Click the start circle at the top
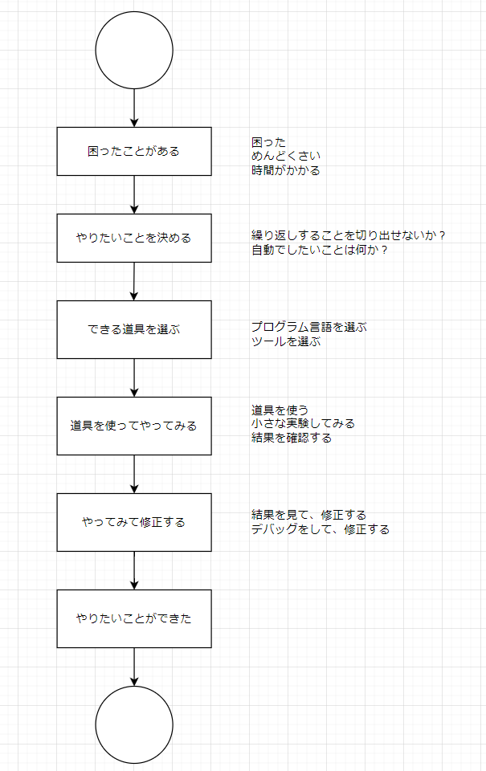point(134,51)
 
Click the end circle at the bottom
point(134,724)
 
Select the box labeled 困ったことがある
point(134,151)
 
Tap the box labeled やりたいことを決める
point(134,238)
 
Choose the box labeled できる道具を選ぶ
point(134,329)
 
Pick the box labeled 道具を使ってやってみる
point(134,426)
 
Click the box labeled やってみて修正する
point(134,522)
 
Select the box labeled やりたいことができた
point(134,618)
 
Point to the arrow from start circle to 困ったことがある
point(134,108)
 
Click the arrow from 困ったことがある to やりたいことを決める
point(134,194)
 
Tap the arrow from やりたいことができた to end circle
point(134,667)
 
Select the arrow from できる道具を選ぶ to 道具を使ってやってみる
point(134,377)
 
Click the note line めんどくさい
point(285,156)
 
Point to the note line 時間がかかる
point(285,170)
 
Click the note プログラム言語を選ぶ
point(308,327)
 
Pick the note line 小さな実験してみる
point(303,423)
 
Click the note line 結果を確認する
point(291,438)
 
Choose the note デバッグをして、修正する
point(320,529)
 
